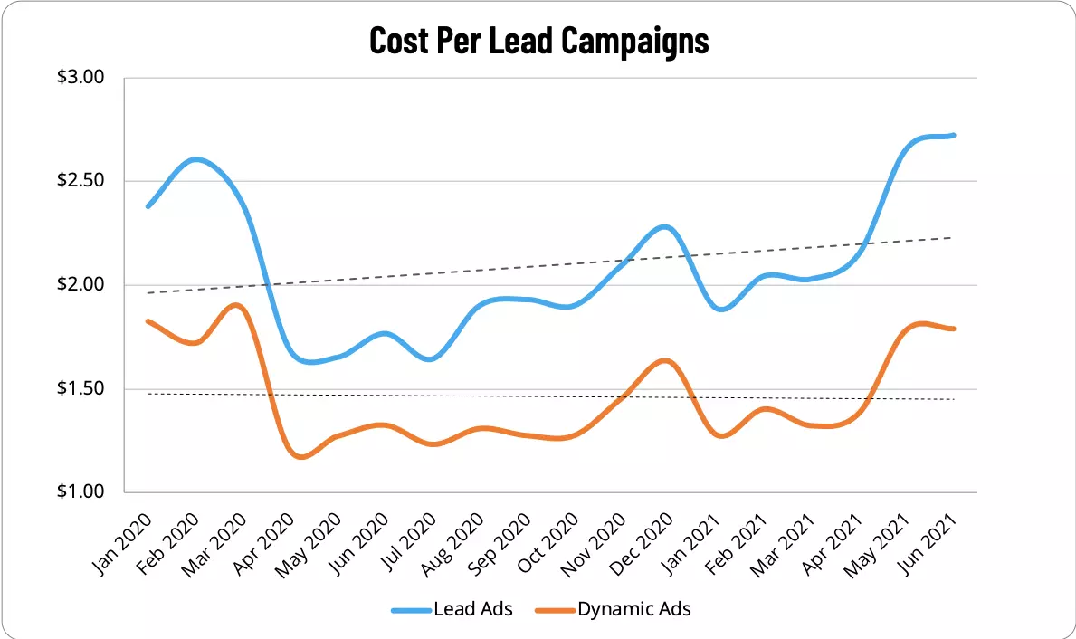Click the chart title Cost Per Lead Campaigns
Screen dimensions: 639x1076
[538, 41]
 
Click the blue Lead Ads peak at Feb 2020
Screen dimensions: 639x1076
[195, 159]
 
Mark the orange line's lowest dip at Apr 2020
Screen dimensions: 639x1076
[300, 457]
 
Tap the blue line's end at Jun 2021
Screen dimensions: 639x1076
[954, 136]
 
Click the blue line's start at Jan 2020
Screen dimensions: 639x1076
[148, 206]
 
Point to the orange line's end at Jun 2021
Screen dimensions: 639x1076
[954, 329]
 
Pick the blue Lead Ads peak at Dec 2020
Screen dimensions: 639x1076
[665, 226]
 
